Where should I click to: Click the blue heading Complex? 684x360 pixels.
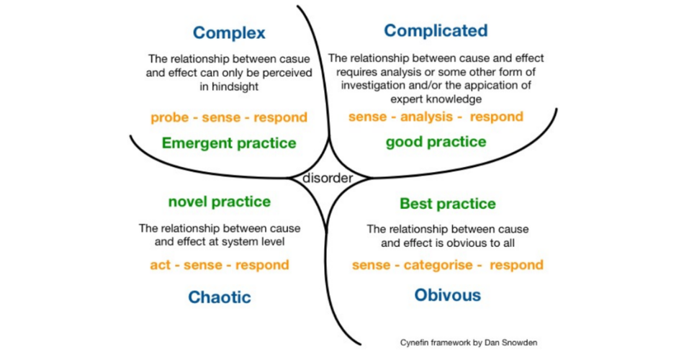tap(229, 33)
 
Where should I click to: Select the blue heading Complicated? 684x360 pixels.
tap(436, 31)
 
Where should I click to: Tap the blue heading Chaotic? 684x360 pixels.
tap(220, 297)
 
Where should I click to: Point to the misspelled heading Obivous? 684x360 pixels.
tap(448, 295)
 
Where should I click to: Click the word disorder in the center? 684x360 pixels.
tap(328, 178)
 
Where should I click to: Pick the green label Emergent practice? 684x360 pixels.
tap(229, 143)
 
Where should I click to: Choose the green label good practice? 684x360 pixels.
tap(436, 142)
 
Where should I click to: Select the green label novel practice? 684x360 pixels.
tap(220, 202)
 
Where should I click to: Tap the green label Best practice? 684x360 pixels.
tap(448, 204)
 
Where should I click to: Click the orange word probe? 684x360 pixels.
tap(170, 118)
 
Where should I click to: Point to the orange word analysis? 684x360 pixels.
tap(426, 117)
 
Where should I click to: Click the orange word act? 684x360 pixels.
tap(160, 265)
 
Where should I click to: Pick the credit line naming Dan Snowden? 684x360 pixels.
tap(469, 343)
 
